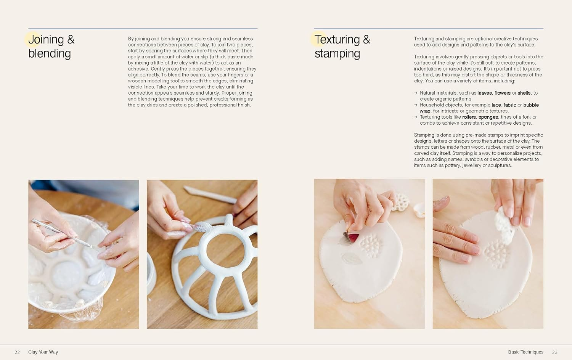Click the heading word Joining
tap(46, 40)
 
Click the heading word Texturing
tap(337, 40)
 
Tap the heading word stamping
tap(337, 54)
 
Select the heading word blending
tap(50, 54)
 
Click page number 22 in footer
tap(17, 352)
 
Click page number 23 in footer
tap(555, 352)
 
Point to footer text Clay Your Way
tap(43, 352)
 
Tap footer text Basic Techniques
tap(525, 352)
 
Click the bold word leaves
tap(484, 93)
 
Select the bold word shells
tap(524, 93)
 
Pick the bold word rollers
tap(469, 117)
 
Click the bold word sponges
tap(488, 117)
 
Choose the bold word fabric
tap(510, 105)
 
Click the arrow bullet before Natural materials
tap(416, 93)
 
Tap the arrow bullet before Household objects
tap(416, 105)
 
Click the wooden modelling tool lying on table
tap(210, 194)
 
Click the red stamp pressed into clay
tap(353, 238)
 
